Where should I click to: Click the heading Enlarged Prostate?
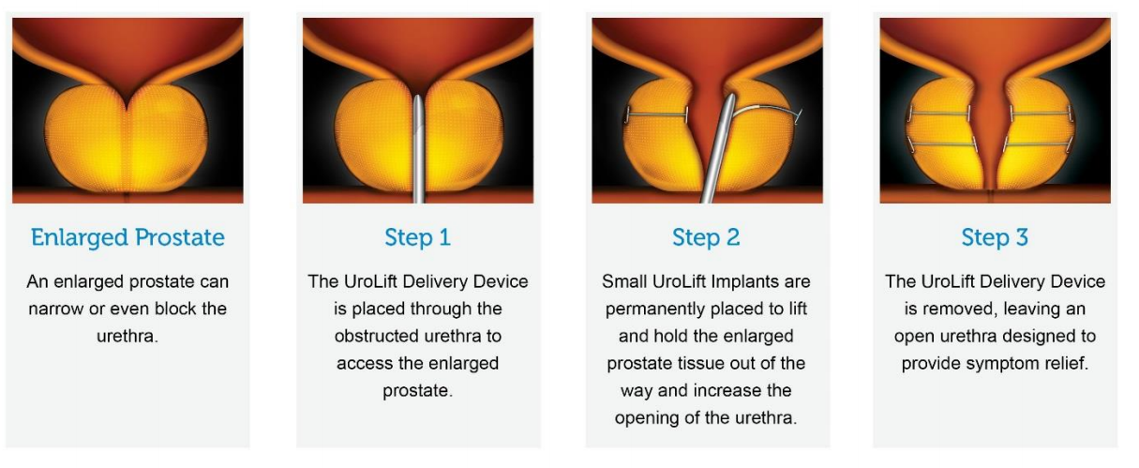pos(127,238)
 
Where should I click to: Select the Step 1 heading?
pos(417,238)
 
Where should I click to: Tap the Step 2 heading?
pos(706,238)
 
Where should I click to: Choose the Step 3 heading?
pos(995,238)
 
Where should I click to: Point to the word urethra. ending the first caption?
pos(128,335)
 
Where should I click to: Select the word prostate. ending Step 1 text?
pos(418,389)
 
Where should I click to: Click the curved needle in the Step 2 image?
pos(769,108)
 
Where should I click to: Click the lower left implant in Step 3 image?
pos(943,143)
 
